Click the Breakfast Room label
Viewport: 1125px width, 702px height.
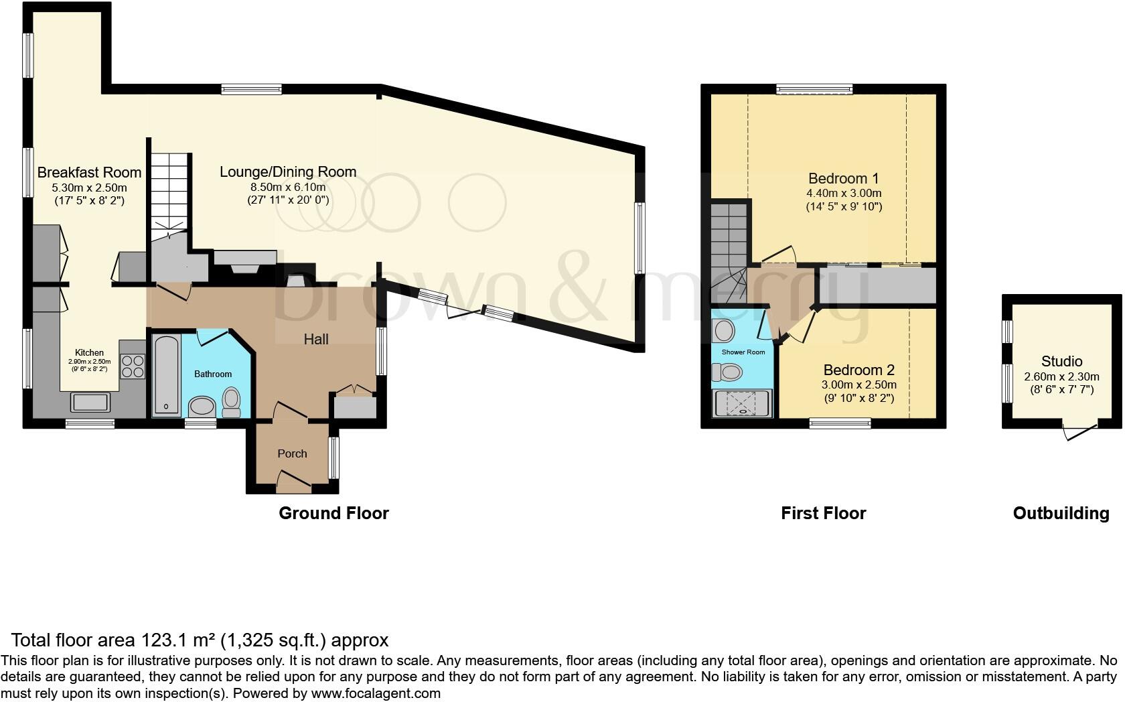(x=89, y=172)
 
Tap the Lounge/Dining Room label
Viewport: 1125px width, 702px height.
(x=288, y=172)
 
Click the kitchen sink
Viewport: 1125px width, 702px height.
(x=90, y=402)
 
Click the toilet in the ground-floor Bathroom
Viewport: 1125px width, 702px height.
(x=231, y=401)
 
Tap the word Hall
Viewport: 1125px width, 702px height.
(x=316, y=340)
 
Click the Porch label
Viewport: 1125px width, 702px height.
(x=292, y=453)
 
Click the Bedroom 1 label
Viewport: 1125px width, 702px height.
(x=843, y=179)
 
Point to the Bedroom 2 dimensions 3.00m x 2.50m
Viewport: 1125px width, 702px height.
(x=858, y=385)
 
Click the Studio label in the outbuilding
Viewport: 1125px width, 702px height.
(x=1061, y=362)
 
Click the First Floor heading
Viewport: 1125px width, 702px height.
(x=823, y=514)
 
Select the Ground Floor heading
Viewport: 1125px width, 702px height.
(x=333, y=514)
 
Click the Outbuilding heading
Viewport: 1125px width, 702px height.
(x=1061, y=514)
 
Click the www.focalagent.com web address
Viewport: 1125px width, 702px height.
(x=376, y=693)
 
